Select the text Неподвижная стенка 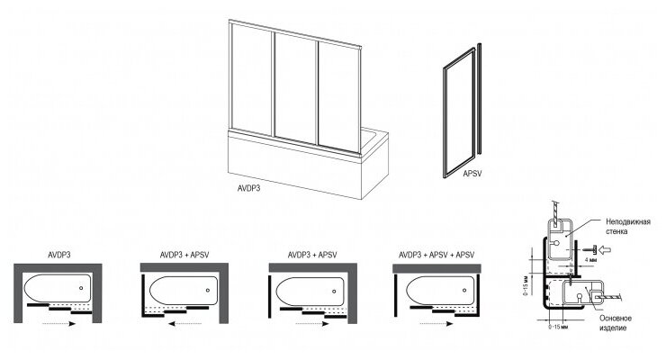[628, 228]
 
